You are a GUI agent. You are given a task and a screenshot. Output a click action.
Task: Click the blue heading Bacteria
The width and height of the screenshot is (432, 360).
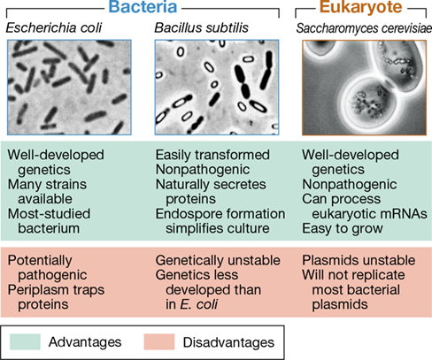coord(143,6)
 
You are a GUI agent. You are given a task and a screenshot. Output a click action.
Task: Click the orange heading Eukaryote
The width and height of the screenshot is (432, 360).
coord(361,7)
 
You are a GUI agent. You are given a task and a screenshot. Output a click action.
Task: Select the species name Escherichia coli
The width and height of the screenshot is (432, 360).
coord(54,27)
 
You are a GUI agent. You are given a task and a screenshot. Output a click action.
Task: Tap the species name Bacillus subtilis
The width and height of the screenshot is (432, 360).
coord(202,27)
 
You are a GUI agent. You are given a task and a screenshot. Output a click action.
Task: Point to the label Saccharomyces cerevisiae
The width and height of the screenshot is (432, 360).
coord(364,28)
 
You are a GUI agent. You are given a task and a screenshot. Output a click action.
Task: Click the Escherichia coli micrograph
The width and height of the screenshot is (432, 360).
coord(69,88)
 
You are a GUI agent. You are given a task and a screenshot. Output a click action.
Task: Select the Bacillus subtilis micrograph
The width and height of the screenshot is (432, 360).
coord(217,88)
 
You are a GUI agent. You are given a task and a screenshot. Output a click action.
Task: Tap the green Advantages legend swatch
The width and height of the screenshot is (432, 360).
coord(25,341)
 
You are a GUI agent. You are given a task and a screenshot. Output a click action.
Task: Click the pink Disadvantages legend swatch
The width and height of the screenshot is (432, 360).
coord(159,341)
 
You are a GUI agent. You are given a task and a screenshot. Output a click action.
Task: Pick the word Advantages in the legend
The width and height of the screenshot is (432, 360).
coord(85,342)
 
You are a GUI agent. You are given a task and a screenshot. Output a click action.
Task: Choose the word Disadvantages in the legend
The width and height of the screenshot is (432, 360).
coord(228,342)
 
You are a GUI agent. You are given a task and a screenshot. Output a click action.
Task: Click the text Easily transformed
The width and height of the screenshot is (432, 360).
coord(212,155)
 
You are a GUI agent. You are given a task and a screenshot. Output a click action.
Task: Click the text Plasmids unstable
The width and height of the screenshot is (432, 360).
coord(359,260)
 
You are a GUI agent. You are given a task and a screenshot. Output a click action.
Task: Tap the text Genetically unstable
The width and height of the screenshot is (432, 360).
coord(218,261)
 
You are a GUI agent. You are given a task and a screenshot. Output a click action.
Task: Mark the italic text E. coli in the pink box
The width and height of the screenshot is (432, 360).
coord(199,304)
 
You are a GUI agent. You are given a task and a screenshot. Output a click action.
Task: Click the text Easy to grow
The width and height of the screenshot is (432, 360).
coord(343,229)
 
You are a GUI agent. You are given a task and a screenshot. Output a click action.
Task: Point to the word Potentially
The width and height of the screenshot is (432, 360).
coord(40,261)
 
